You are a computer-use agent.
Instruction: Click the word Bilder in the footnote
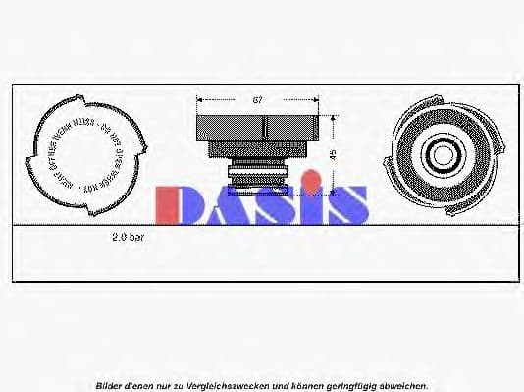click(x=109, y=385)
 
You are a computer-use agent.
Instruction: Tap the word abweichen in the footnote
click(x=399, y=385)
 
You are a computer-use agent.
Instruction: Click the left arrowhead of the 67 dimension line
click(x=200, y=100)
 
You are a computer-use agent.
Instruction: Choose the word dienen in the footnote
click(x=140, y=385)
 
